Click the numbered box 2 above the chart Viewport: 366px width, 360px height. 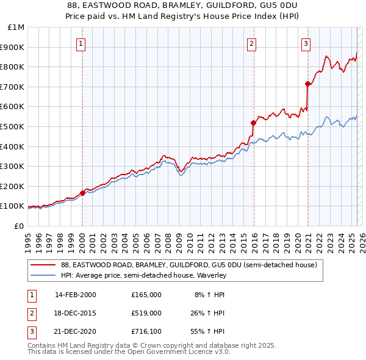tap(252, 43)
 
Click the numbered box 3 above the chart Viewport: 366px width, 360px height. tap(306, 43)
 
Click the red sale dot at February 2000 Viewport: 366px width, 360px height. tap(82, 193)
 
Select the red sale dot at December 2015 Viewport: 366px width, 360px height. tap(253, 123)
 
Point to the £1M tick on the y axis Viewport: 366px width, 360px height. tap(16, 27)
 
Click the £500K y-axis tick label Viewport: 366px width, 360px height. tap(13, 126)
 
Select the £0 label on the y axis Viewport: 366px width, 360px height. tap(18, 226)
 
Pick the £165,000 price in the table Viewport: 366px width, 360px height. tap(146, 294)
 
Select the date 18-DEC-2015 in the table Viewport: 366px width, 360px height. tap(76, 312)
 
